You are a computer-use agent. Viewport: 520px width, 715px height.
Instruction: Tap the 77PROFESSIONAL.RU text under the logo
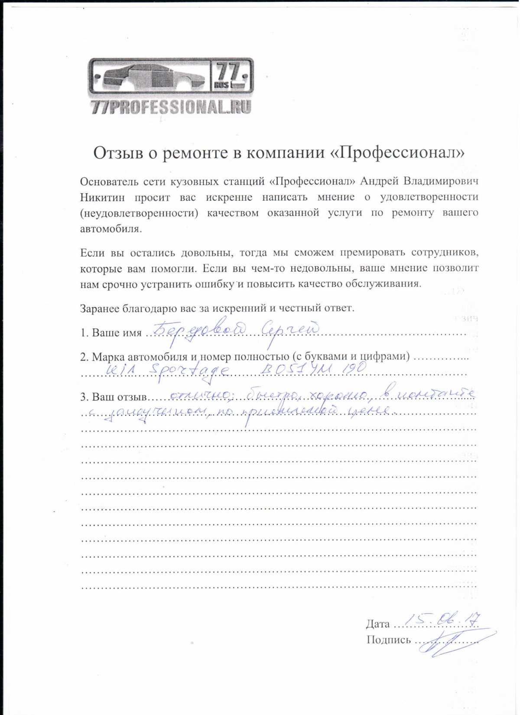click(x=171, y=107)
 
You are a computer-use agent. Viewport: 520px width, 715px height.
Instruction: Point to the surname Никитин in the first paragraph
click(x=102, y=197)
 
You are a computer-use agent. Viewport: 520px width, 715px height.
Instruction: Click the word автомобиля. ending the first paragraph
click(x=111, y=229)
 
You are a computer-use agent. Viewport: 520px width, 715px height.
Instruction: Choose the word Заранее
click(x=100, y=308)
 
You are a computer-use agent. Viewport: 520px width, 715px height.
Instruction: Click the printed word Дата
click(x=378, y=624)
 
